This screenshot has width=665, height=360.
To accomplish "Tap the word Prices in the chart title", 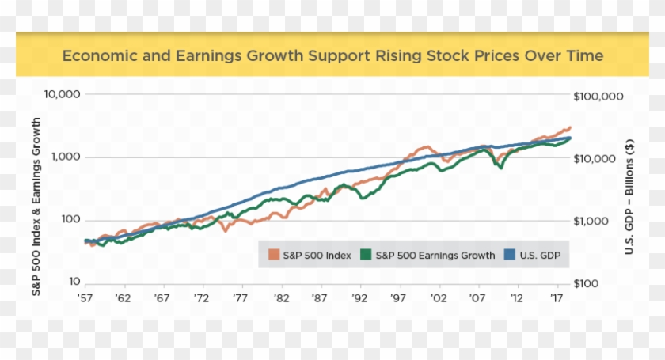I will (x=472, y=56).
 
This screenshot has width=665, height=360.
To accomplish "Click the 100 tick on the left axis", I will (x=70, y=220).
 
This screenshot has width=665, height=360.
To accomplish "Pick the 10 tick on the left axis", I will (x=73, y=282).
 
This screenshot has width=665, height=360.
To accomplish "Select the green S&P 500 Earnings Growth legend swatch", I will (x=366, y=255).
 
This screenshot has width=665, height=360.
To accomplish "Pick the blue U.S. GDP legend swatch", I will (x=510, y=255).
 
